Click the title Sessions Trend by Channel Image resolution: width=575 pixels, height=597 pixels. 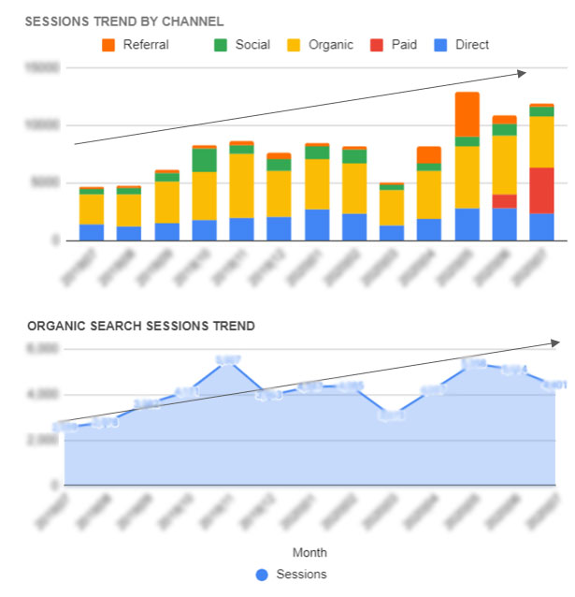123,21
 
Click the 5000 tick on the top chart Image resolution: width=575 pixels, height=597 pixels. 47,183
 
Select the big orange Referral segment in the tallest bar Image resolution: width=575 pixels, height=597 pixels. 467,114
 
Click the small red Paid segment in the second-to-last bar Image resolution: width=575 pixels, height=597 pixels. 505,201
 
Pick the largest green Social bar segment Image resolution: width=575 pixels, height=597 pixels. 205,160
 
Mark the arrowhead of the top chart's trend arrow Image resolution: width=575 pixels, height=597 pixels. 524,72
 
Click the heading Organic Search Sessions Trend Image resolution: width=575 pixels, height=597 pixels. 141,326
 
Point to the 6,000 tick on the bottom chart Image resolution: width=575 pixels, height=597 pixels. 45,348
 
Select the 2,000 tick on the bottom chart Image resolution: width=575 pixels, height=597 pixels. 45,440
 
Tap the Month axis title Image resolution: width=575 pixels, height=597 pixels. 309,552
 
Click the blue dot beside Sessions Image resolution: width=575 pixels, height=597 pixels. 262,574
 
